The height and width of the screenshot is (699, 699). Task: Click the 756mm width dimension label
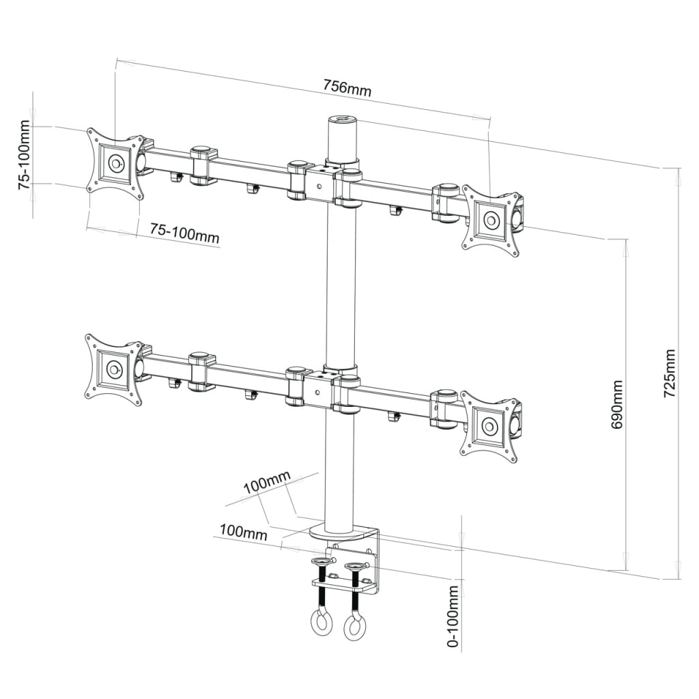coord(347,88)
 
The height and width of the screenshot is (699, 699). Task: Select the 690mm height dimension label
coord(617,404)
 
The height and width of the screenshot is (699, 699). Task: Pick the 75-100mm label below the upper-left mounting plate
coord(184,233)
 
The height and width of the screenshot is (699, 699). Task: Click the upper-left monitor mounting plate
coord(115,164)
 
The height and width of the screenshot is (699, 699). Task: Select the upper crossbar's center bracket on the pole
coord(319,181)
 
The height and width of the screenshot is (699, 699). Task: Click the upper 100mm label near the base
coord(267,485)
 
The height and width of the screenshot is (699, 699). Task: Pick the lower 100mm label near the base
coord(243,532)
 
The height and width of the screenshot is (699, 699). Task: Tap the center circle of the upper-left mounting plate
coord(115,163)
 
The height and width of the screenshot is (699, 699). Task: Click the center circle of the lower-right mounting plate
coord(489,427)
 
